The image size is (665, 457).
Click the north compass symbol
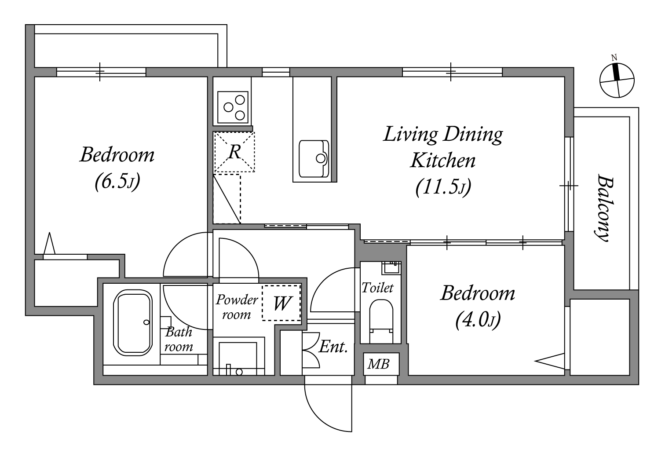617,80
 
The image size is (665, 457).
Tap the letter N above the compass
614,58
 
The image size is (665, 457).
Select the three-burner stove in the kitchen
233,107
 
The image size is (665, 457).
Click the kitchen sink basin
314,159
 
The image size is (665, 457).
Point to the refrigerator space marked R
234,152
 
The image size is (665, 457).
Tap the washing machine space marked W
281,303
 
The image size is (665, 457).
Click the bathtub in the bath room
133,323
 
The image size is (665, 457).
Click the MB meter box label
378,364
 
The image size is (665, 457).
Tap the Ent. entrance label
333,347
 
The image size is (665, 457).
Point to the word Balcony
605,208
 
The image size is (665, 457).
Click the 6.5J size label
117,181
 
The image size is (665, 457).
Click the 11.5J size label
443,187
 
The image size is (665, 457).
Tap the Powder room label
237,307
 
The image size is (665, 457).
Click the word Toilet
378,288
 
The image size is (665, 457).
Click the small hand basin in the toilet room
391,268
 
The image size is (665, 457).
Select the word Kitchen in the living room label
443,161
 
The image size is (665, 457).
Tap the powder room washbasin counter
239,356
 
